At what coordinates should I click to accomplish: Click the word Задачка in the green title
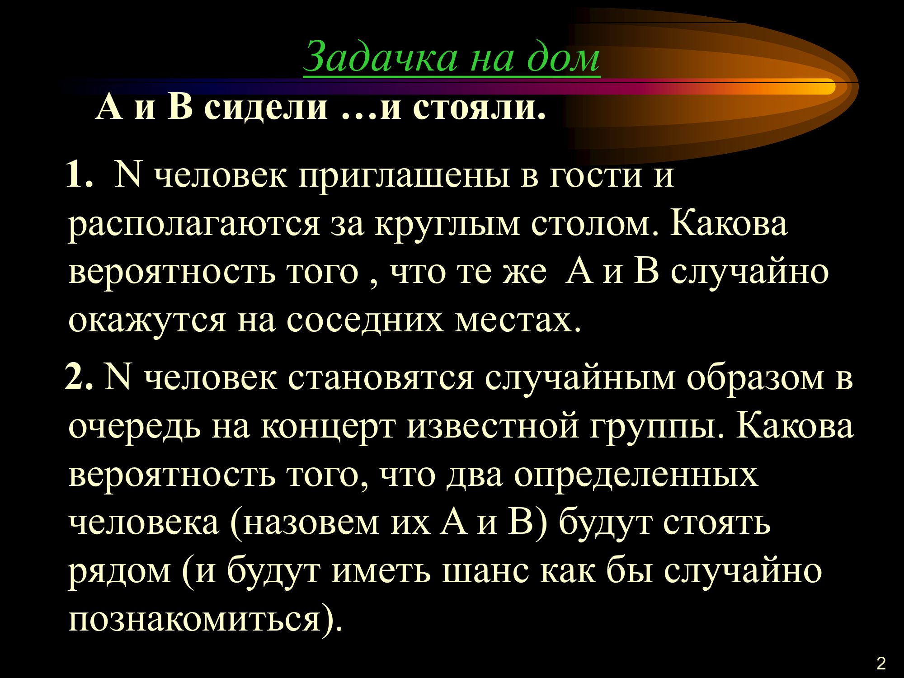click(x=380, y=57)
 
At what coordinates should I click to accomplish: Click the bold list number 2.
click(x=79, y=377)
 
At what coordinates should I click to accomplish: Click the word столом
click(x=595, y=225)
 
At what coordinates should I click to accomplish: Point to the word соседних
click(x=364, y=321)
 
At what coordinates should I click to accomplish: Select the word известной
click(x=493, y=427)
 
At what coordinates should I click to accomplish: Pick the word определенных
click(x=636, y=477)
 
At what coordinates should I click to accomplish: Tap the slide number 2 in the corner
click(x=881, y=664)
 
